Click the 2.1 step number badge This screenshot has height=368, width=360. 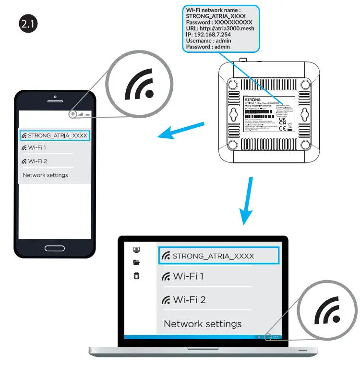click(28, 24)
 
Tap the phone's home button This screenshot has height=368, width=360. click(55, 248)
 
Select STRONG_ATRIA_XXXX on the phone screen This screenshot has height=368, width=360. click(55, 135)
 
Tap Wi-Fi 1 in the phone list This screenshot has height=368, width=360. click(34, 147)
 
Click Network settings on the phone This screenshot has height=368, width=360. click(45, 175)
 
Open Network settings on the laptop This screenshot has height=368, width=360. click(203, 324)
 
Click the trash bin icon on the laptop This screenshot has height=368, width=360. click(137, 275)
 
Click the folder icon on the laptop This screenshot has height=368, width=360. click(137, 262)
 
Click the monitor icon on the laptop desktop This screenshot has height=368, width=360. click(137, 250)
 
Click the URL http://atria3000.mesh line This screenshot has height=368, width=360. click(220, 28)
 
